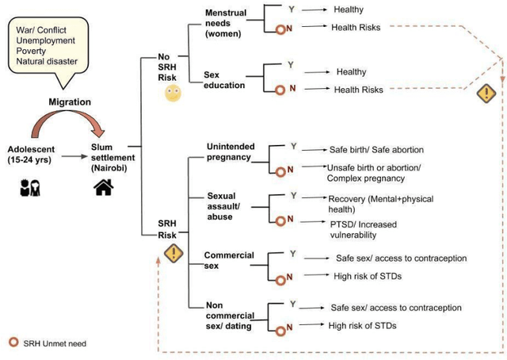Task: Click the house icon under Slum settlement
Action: click(x=103, y=187)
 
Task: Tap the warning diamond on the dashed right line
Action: click(x=482, y=94)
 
